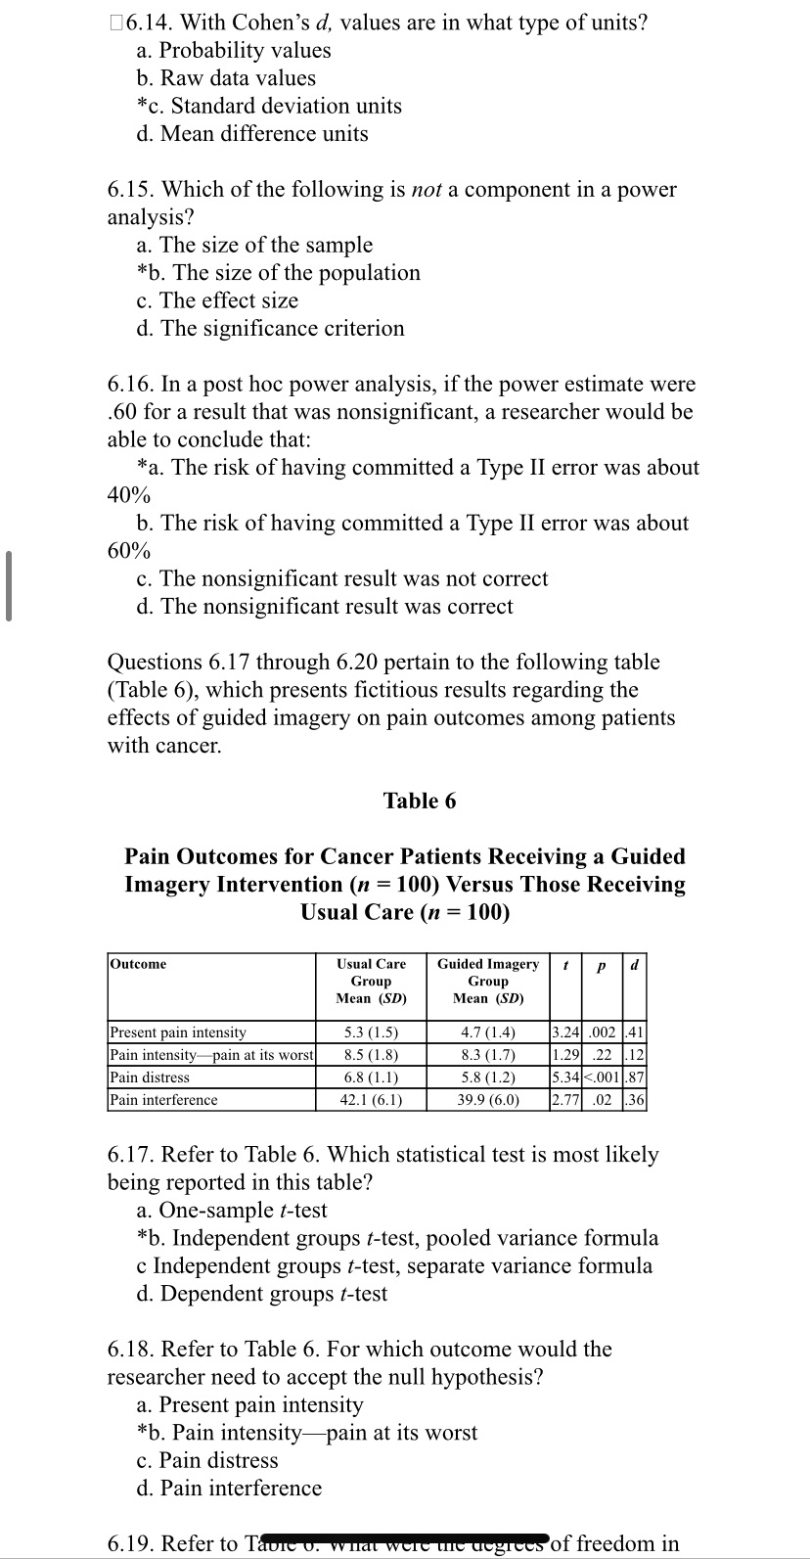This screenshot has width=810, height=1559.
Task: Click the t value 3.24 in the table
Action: [565, 1032]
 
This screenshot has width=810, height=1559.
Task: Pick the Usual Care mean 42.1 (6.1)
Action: [371, 1099]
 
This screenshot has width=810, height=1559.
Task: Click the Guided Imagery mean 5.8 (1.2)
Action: [488, 1077]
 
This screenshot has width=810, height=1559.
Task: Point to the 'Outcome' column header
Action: [138, 964]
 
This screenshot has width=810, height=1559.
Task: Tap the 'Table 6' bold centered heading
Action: [420, 801]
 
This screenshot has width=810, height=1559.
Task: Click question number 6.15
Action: [128, 190]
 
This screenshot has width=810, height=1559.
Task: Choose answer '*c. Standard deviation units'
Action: [269, 106]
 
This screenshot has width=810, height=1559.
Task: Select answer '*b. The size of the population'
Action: [279, 273]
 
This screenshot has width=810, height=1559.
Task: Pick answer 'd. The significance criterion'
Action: [271, 329]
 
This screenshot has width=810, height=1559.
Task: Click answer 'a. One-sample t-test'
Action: [232, 1211]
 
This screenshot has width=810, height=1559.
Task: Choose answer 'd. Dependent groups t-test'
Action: [262, 1294]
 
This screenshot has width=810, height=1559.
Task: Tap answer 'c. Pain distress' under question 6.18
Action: [207, 1460]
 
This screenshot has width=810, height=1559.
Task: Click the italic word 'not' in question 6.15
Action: [427, 190]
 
